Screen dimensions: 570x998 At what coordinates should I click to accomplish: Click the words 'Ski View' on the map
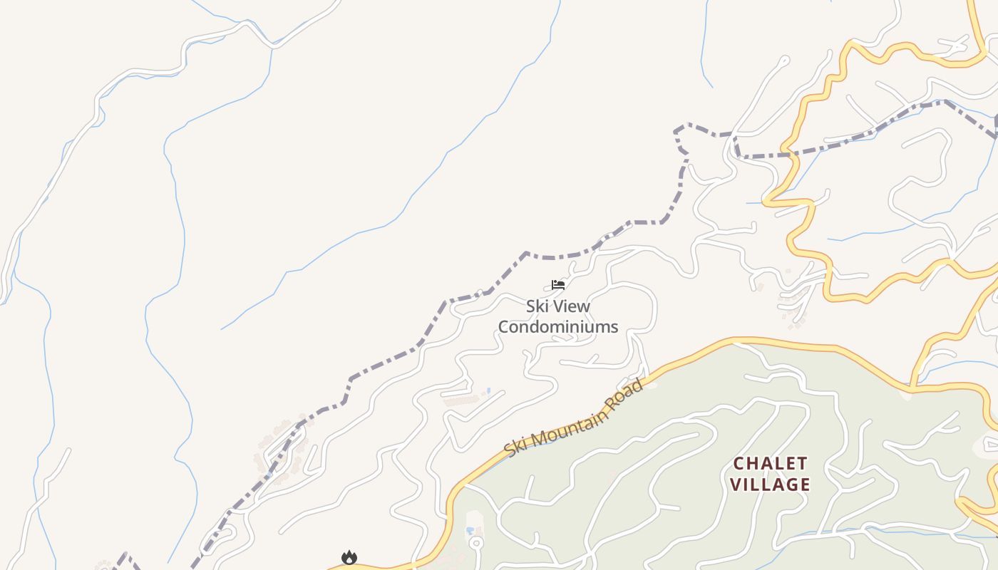coord(557,306)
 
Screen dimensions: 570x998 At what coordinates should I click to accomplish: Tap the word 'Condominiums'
coord(557,327)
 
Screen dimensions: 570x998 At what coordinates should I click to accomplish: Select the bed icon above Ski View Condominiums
coord(557,285)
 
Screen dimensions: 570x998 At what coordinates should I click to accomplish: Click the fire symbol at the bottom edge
coord(349,557)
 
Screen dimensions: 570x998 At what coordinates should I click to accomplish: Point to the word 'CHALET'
coord(771,464)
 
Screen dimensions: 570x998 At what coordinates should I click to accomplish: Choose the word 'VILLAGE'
coord(771,484)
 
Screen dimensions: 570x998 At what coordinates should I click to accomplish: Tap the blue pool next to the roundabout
coord(469,531)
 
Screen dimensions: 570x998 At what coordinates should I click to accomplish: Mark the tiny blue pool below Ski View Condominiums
coord(488,390)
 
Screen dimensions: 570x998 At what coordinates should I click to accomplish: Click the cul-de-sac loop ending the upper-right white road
coord(785,61)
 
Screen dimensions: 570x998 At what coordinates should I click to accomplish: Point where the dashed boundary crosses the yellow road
coord(790,152)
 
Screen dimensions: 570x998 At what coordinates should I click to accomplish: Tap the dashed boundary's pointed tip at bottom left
coord(125,554)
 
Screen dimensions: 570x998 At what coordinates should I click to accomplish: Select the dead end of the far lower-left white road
coord(69,450)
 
